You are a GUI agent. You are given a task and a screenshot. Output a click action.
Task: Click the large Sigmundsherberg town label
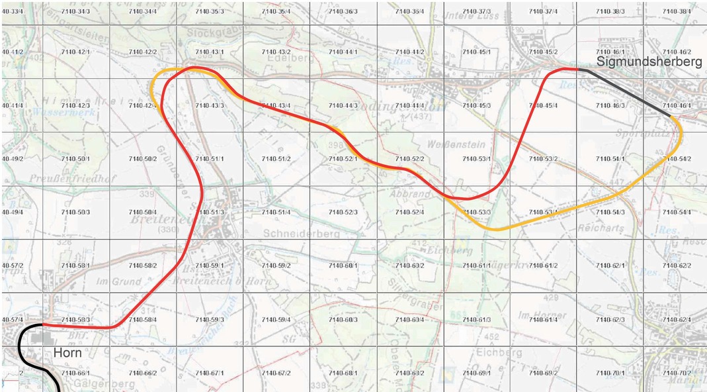pyautogui.click(x=649, y=61)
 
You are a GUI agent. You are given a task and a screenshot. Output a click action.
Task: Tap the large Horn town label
pyautogui.click(x=67, y=352)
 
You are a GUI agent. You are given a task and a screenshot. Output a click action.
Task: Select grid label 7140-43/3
pyautogui.click(x=210, y=106)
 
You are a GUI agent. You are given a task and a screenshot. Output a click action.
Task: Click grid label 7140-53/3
pyautogui.click(x=477, y=213)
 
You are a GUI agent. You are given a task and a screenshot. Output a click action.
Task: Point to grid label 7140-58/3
pyautogui.click(x=76, y=320)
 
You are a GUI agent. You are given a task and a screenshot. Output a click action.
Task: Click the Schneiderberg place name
pyautogui.click(x=301, y=234)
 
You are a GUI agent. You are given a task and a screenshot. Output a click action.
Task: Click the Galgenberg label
pyautogui.click(x=95, y=383)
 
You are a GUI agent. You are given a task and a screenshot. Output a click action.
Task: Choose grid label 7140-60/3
pyautogui.click(x=343, y=320)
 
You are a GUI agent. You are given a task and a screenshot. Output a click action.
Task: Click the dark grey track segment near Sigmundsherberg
pyautogui.click(x=625, y=92)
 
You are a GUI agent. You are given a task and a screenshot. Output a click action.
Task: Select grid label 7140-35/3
pyautogui.click(x=210, y=12)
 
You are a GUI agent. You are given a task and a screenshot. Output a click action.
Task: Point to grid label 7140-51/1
pyautogui.click(x=210, y=159)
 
